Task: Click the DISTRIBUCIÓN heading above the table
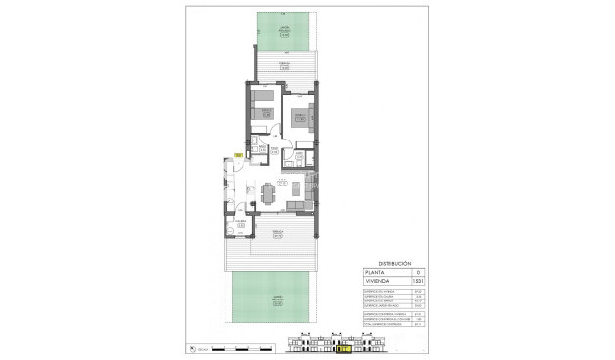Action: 393,264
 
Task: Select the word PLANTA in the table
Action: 377,273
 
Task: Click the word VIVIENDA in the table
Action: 379,282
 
